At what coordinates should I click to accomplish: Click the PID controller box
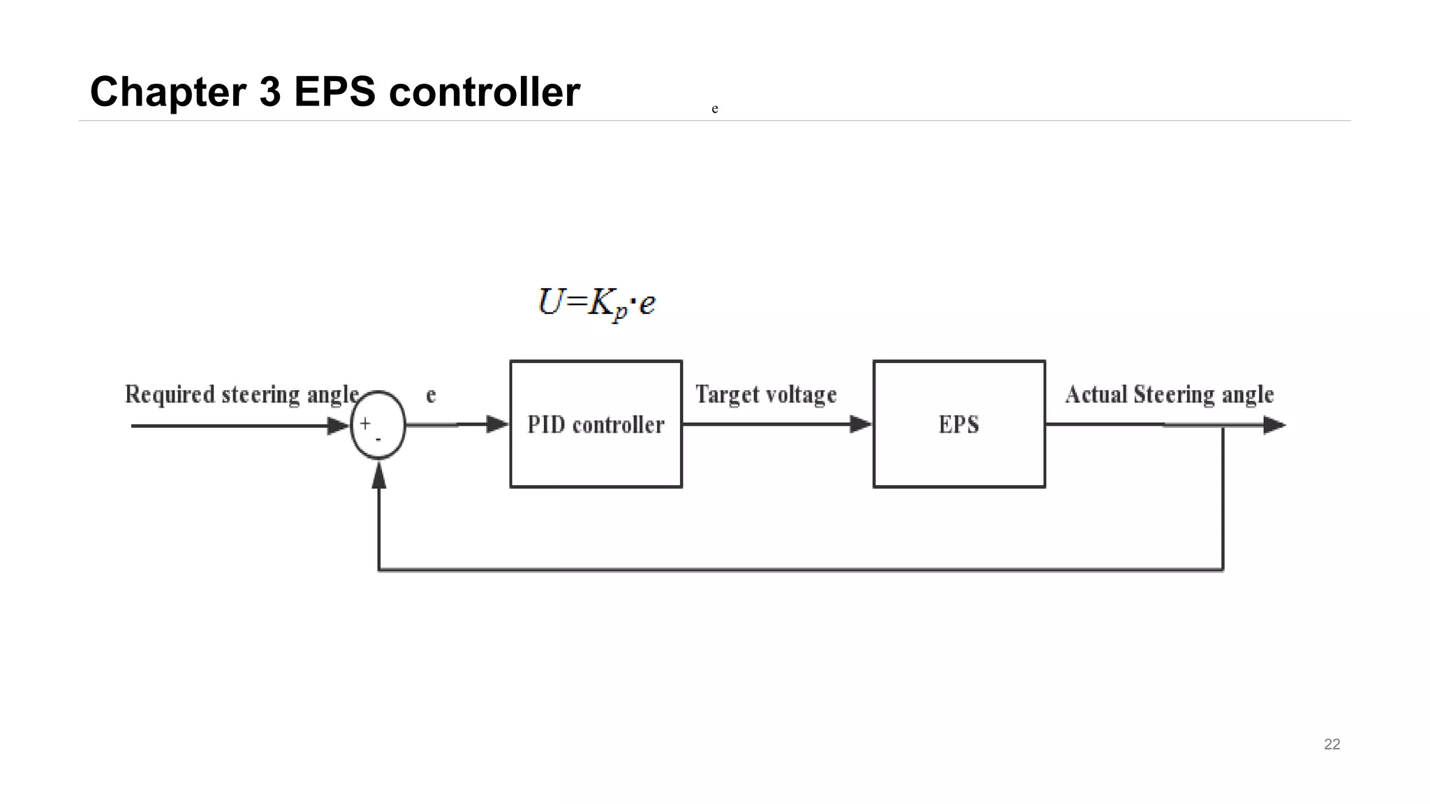point(596,424)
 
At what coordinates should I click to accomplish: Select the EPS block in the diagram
point(959,424)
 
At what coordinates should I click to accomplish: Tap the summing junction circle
point(378,424)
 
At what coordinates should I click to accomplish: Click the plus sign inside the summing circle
point(365,423)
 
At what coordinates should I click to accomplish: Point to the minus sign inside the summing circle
point(378,440)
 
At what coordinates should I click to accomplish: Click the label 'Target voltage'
point(766,394)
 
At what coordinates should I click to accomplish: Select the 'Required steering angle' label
point(242,394)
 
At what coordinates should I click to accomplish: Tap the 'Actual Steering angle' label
point(1170,394)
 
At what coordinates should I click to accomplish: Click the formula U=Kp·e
point(597,304)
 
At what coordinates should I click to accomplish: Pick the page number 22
point(1332,744)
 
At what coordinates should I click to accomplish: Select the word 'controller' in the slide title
point(484,91)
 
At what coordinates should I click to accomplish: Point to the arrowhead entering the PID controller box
point(497,424)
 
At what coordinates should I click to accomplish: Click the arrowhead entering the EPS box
point(860,424)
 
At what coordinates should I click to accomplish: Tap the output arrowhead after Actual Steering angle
point(1274,424)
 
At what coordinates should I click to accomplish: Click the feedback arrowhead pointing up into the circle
point(378,475)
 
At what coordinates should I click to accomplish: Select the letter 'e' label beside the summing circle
point(431,395)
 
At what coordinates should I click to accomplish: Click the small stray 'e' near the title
point(714,109)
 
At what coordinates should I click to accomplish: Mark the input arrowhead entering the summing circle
point(338,426)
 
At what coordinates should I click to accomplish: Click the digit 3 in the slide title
point(270,91)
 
